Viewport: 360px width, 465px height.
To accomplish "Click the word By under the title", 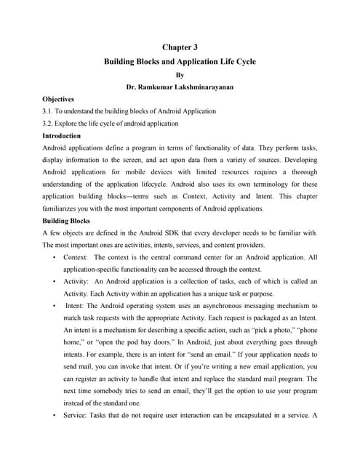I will click(x=180, y=74).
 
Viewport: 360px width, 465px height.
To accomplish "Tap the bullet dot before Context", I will click(x=55, y=258).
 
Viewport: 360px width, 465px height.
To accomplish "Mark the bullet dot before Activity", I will click(x=55, y=283).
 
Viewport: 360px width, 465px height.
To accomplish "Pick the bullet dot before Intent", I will click(x=55, y=307).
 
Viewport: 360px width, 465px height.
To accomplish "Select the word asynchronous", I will click(x=231, y=307).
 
